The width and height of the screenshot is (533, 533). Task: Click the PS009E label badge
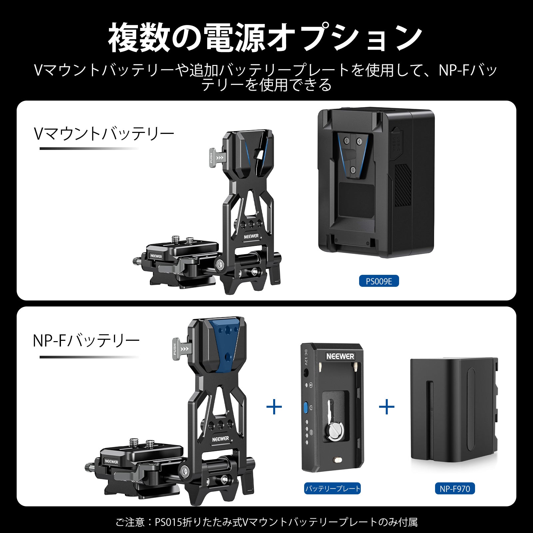379,281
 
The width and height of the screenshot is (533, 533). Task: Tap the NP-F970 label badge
455,489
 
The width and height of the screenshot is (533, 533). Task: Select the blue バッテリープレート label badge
332,489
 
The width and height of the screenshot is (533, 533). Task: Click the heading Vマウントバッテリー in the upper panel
104,134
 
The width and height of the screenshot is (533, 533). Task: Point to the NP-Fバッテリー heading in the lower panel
86,341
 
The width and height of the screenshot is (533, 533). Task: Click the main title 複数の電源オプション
266,37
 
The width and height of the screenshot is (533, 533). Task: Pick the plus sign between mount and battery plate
274,407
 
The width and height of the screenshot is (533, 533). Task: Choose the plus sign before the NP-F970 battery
387,407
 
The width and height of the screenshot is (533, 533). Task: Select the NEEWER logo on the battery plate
340,356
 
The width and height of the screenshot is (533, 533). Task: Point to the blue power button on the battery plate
306,407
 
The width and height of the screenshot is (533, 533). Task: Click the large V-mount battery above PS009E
376,183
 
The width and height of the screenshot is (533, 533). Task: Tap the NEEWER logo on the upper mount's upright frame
251,236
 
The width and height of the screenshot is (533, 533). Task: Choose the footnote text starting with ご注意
266,522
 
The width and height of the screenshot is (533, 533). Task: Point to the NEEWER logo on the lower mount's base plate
111,461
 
